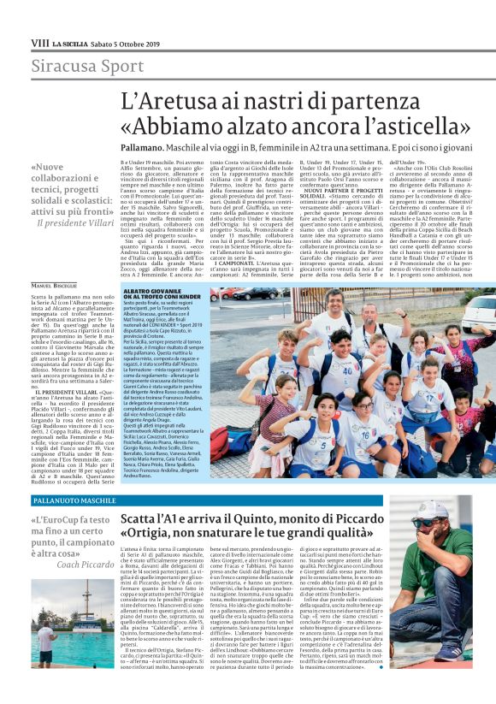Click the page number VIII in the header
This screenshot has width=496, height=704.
click(39, 42)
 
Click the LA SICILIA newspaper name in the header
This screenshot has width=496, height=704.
click(69, 42)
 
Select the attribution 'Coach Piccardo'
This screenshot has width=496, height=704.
click(86, 565)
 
